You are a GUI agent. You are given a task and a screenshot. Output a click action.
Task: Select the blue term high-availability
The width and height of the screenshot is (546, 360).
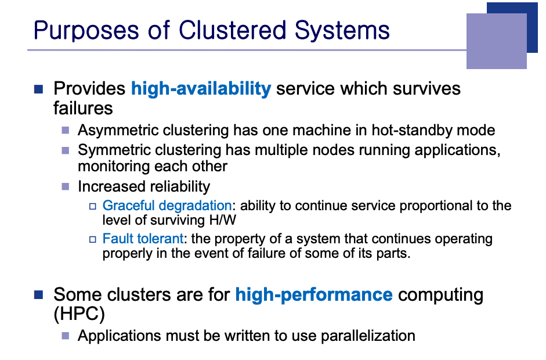click(201, 88)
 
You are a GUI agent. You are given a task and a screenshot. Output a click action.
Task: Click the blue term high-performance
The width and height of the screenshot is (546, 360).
click(314, 295)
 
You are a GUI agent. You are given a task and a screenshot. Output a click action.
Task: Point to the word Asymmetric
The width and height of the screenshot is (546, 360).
click(118, 131)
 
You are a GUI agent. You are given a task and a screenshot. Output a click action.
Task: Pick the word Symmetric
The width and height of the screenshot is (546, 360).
click(114, 150)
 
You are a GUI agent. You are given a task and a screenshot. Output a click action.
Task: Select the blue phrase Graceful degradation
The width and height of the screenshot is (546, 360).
click(167, 206)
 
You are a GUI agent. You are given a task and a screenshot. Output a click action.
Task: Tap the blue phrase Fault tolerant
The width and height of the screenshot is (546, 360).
click(143, 239)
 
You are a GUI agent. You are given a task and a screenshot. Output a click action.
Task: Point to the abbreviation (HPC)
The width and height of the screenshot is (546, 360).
click(79, 314)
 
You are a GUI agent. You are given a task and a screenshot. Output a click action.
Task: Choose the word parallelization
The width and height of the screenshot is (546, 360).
click(368, 336)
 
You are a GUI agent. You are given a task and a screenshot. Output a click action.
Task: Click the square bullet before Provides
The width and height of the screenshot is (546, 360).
click(38, 89)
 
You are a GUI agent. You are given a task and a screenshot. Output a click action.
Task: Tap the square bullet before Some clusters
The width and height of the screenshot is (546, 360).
click(38, 295)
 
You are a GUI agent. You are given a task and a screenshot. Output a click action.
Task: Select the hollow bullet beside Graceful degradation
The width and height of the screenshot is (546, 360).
click(93, 206)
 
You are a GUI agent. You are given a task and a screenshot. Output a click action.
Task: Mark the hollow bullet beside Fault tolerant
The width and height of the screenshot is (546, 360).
click(93, 239)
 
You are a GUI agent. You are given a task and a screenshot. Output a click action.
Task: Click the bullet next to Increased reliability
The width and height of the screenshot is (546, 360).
click(66, 186)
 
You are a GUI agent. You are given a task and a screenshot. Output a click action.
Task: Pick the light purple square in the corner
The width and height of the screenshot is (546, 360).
click(496, 41)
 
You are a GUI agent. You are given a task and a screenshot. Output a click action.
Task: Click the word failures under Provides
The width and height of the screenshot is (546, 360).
click(83, 109)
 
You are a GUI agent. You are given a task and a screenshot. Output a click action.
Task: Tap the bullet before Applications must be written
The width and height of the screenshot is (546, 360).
click(66, 336)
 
